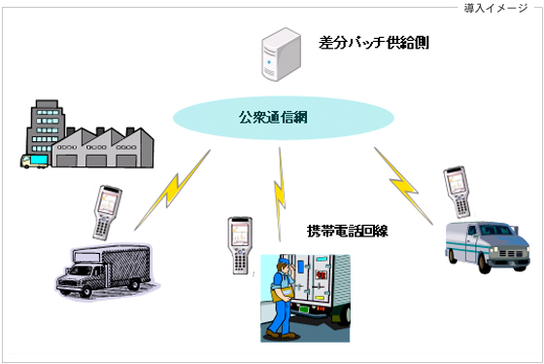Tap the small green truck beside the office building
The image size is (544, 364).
(x=33, y=160)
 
